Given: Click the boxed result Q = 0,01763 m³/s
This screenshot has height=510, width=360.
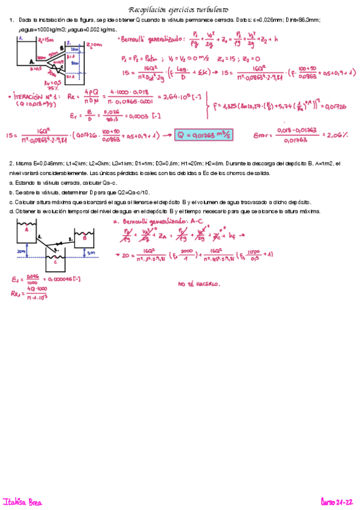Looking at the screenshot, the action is pos(203,135).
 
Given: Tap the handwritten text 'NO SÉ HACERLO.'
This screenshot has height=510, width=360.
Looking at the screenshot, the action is pos(198,284).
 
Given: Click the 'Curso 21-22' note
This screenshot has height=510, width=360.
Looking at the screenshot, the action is pos(338,501).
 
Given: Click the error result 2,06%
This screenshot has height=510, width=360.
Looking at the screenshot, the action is pos(340,135).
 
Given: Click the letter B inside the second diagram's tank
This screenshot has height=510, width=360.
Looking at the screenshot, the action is pos(85,238).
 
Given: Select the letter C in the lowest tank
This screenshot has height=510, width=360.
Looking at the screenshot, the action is pos(55,262).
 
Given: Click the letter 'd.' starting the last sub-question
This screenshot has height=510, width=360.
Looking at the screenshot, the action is pos(12,212).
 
